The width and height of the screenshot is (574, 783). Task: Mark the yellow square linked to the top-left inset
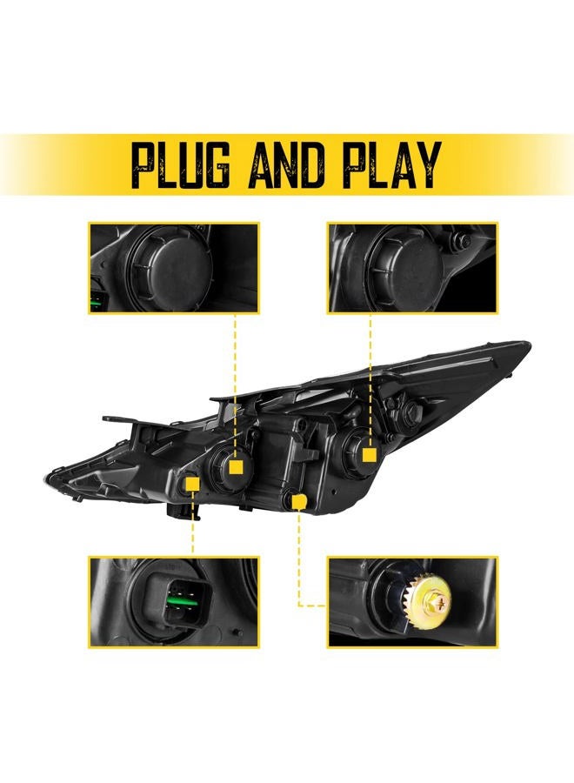[235, 467]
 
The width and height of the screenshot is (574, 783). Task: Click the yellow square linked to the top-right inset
[369, 455]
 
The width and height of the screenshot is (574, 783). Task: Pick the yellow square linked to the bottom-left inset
[192, 484]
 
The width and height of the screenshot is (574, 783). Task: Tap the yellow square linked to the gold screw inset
[298, 501]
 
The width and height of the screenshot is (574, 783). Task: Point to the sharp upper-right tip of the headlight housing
[528, 343]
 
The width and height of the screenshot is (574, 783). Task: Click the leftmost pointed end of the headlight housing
[46, 478]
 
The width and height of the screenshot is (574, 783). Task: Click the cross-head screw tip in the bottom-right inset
[440, 597]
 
